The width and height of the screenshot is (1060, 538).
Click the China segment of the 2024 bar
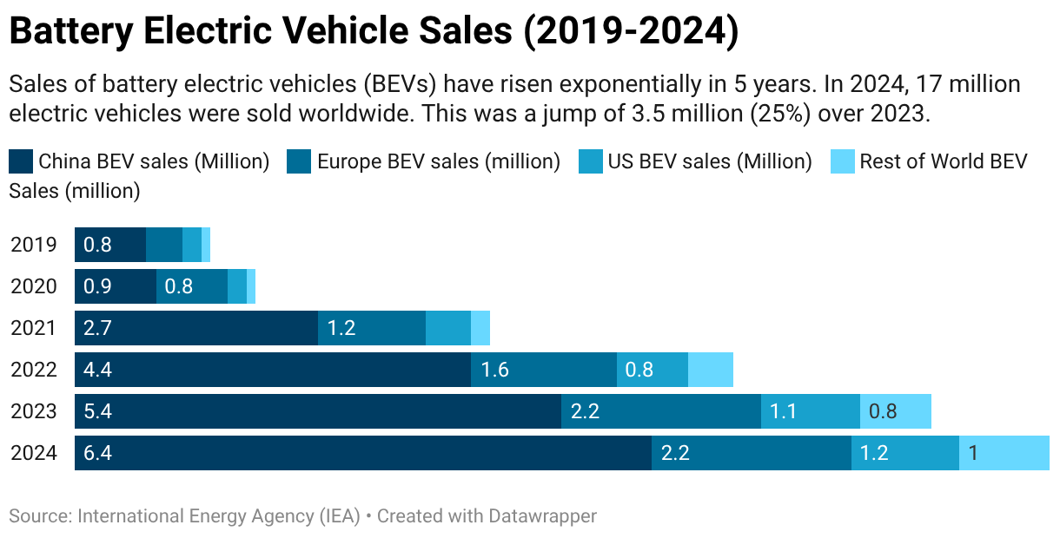click(x=362, y=453)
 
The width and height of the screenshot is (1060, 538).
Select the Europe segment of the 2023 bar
click(x=660, y=411)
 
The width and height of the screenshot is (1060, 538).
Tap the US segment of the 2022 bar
click(x=652, y=370)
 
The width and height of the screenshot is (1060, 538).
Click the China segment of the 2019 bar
click(x=110, y=245)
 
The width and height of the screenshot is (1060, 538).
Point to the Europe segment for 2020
click(x=191, y=286)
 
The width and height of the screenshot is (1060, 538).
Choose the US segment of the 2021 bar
click(x=448, y=328)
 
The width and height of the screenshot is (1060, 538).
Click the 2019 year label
click(x=34, y=245)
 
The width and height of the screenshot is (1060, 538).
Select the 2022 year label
click(x=34, y=370)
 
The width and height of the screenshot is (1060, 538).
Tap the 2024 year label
click(x=34, y=453)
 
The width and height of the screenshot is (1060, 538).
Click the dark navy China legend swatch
click(x=21, y=161)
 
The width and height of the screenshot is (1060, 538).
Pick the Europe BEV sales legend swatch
click(x=299, y=161)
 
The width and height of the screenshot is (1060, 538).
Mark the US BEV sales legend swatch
click(x=591, y=161)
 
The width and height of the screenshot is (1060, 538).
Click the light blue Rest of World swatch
click(x=843, y=161)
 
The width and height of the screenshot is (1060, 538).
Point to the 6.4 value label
click(x=97, y=453)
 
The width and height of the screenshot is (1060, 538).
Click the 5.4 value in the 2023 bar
click(x=97, y=411)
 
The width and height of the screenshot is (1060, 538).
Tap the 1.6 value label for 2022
click(x=494, y=370)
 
